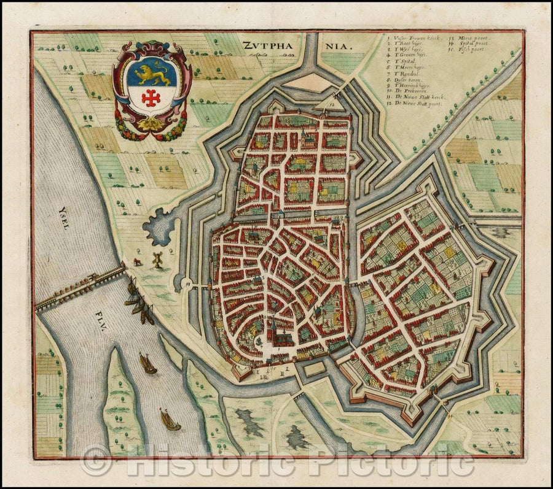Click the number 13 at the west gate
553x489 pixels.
pos(185,284)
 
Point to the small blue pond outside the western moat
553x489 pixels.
pos(159,226)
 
